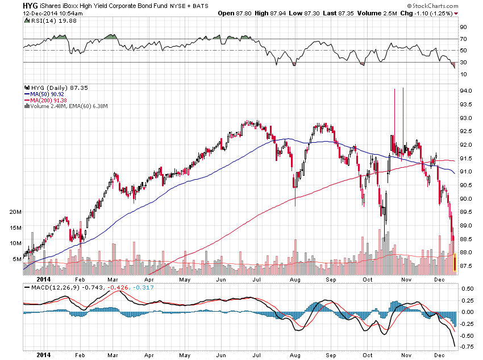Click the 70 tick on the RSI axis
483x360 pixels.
[x=464, y=39]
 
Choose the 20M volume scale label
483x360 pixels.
[x=15, y=211]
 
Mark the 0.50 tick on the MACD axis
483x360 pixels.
[x=467, y=288]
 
